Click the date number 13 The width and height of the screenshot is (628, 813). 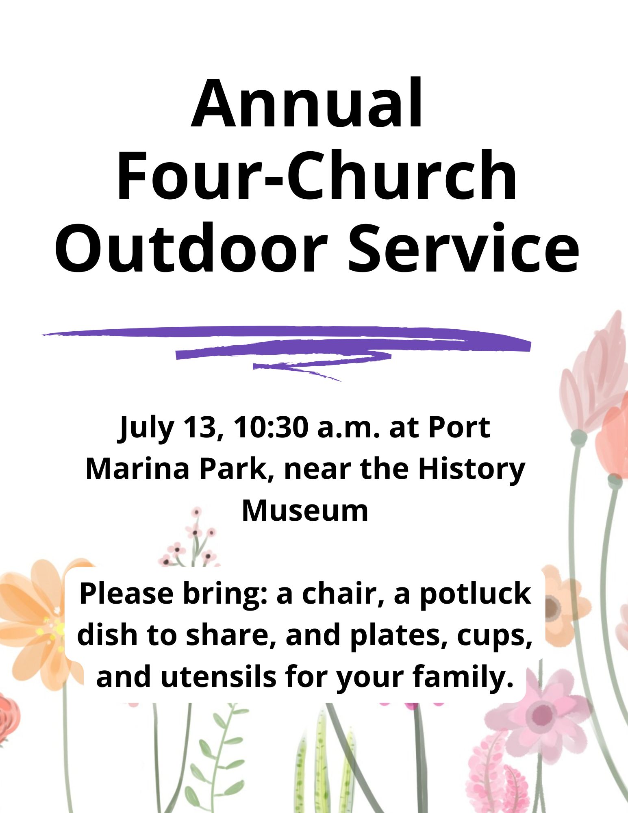pyautogui.click(x=199, y=428)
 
